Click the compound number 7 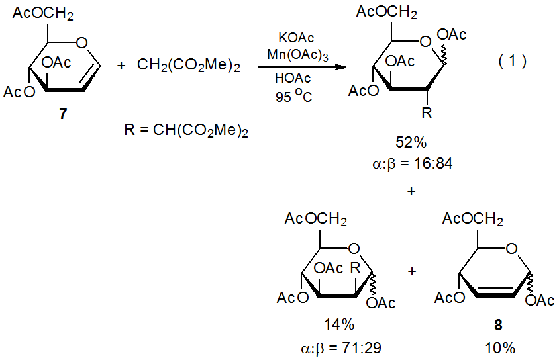62,114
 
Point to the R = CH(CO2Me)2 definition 185,131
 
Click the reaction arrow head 342,67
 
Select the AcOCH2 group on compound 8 474,218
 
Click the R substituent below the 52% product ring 427,114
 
